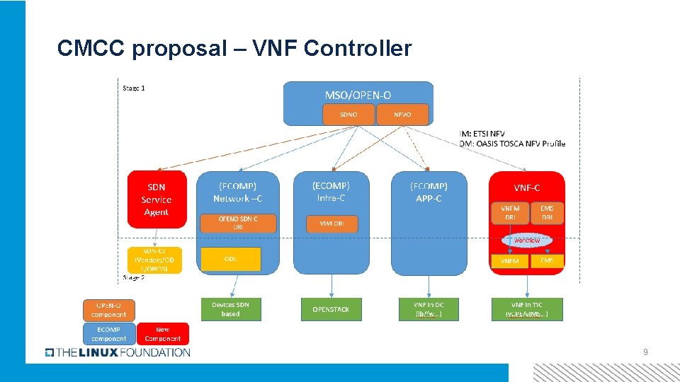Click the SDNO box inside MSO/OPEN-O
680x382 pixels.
pos(348,115)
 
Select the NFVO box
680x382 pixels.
pos(402,115)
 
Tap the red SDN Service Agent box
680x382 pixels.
pos(157,199)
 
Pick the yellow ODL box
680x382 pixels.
pos(231,259)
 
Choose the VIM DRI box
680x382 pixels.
pos(332,224)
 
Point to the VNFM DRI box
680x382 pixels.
pos(510,212)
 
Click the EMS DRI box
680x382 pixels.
pos(547,212)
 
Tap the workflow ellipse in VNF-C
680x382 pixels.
pos(526,241)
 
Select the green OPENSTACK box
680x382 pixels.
pos(331,309)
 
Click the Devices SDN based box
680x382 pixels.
pos(230,309)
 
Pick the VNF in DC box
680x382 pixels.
pos(428,309)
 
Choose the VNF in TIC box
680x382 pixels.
pos(527,309)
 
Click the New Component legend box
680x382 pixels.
pos(163,334)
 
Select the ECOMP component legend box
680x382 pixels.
pos(108,334)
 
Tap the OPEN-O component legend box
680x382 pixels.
pos(108,310)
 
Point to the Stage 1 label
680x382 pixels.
pos(134,88)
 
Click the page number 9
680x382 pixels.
pos(645,352)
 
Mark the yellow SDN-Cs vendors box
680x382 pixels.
pos(154,260)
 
